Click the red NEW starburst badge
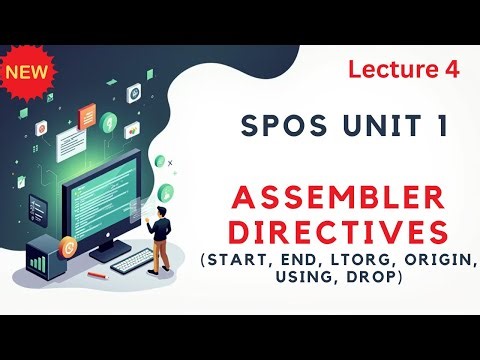coord(29,73)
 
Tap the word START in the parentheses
coord(240,262)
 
